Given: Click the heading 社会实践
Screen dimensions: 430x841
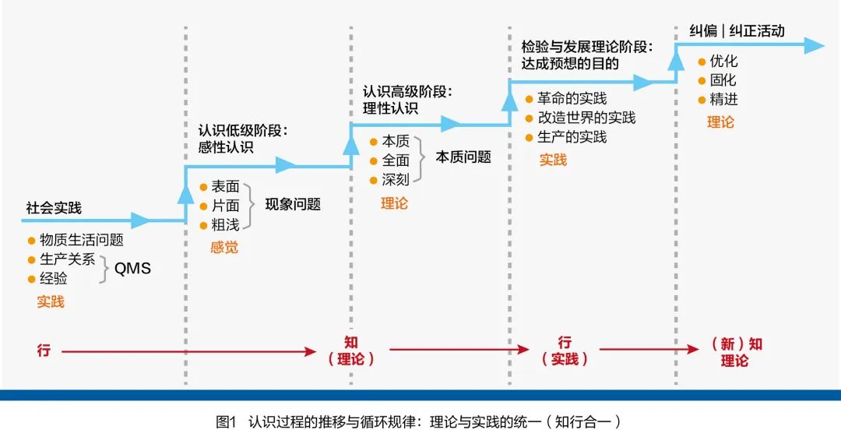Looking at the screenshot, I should click(54, 209).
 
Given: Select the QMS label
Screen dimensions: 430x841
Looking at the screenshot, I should click(132, 269).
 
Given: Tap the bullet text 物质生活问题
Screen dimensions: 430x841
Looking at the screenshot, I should click(82, 241).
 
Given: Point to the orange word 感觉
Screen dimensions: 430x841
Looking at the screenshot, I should click(224, 248).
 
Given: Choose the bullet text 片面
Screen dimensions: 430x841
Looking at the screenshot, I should click(226, 206).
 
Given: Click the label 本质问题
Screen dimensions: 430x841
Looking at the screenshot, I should click(463, 157).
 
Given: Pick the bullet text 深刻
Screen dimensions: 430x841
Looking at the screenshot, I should click(396, 180).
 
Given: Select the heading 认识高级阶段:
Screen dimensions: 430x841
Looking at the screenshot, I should click(407, 91).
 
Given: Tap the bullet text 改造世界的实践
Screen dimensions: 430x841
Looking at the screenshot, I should click(586, 118).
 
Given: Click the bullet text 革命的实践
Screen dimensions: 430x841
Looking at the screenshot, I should click(572, 99).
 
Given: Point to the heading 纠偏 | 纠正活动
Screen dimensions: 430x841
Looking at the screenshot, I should click(737, 31).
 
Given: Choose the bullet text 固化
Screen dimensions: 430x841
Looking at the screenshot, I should click(723, 80).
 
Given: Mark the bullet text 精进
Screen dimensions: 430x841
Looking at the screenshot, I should click(723, 100).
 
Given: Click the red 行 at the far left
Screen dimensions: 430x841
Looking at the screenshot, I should click(43, 351).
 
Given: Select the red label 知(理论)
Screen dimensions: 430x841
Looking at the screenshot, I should click(351, 351).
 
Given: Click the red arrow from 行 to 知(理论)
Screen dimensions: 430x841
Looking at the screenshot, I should click(187, 351).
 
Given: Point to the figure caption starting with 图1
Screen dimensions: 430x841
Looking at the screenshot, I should click(420, 421).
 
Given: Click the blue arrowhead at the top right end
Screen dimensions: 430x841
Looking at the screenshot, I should click(814, 46).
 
